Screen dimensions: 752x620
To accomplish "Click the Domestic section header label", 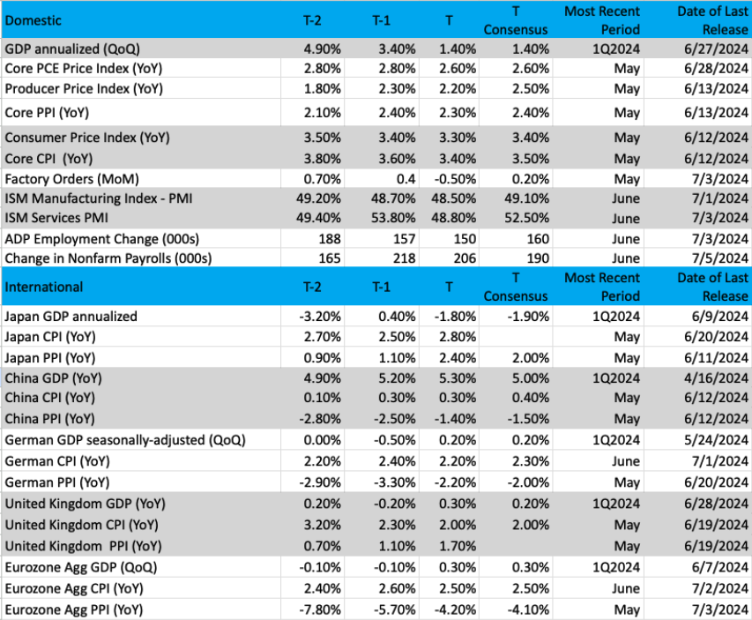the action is (x=34, y=20).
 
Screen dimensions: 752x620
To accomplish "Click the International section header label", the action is (x=44, y=287).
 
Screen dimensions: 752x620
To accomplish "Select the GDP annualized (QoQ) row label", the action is (x=72, y=49).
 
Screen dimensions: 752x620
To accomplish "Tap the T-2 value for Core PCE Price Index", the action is (x=323, y=69).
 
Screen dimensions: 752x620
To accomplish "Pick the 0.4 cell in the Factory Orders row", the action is (x=406, y=179).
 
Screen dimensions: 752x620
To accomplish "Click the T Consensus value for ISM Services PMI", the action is (x=526, y=218).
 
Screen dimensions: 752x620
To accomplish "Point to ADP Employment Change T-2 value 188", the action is (x=330, y=239).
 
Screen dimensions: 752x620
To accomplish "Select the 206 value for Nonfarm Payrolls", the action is (x=465, y=258).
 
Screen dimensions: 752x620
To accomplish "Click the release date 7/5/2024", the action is (x=720, y=258).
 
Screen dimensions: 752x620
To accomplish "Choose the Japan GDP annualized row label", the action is (x=71, y=317).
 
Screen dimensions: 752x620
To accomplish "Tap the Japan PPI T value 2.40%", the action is (x=458, y=358).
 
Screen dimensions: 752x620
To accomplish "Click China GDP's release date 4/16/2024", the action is (x=716, y=378).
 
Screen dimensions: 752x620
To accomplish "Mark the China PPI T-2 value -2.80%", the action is (x=320, y=419).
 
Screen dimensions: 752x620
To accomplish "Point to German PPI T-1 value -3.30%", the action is (x=395, y=482).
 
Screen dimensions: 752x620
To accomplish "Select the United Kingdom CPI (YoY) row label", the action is (x=81, y=525).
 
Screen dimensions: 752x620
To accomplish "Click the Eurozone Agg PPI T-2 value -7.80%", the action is (x=320, y=610).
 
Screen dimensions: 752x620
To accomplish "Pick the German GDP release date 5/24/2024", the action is (x=716, y=440).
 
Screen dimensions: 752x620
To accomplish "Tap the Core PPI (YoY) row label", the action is (x=47, y=113).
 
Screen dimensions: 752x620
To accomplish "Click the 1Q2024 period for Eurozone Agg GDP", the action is (x=616, y=567).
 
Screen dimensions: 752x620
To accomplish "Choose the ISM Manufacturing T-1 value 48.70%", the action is (x=393, y=198).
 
